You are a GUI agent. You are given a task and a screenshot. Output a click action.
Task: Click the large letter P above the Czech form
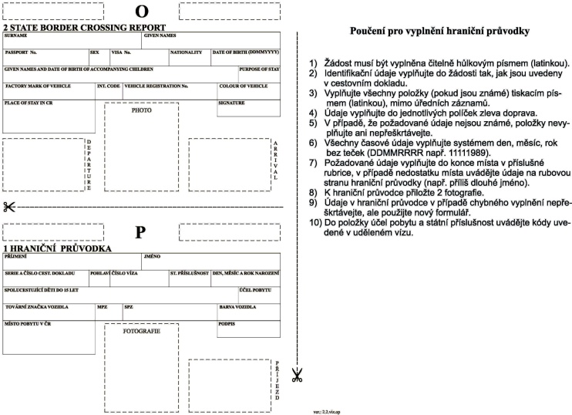(x=140, y=232)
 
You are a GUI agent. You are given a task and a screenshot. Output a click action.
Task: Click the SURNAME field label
(x=15, y=35)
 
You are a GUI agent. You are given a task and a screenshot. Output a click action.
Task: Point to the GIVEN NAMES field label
(x=160, y=35)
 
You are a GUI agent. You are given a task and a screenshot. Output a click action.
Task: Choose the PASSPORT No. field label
(x=21, y=52)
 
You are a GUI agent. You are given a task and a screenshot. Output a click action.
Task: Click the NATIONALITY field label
(x=185, y=52)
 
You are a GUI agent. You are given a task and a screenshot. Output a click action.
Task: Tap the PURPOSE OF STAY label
(x=259, y=69)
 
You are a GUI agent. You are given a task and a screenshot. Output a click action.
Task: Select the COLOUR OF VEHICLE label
(x=243, y=86)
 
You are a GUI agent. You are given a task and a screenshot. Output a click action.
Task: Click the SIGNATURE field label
(x=231, y=103)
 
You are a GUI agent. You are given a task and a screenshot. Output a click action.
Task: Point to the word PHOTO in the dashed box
(x=141, y=110)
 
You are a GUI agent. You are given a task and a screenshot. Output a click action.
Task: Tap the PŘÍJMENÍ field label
(x=16, y=256)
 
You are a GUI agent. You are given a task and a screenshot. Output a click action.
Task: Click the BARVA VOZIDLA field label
(x=237, y=307)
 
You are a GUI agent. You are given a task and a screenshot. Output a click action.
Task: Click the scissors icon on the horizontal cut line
(x=9, y=207)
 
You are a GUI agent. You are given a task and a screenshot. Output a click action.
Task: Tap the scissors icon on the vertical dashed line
(x=298, y=375)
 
